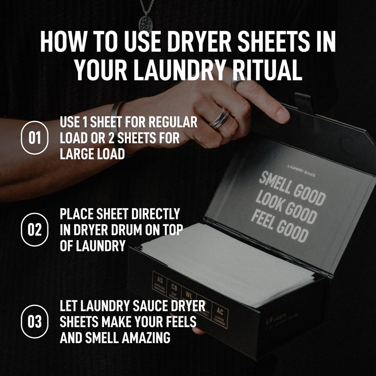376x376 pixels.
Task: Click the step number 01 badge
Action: (x=35, y=138)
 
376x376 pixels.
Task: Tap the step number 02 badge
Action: (x=35, y=230)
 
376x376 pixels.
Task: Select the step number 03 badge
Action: (x=35, y=322)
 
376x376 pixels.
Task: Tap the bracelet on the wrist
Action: (x=116, y=117)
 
